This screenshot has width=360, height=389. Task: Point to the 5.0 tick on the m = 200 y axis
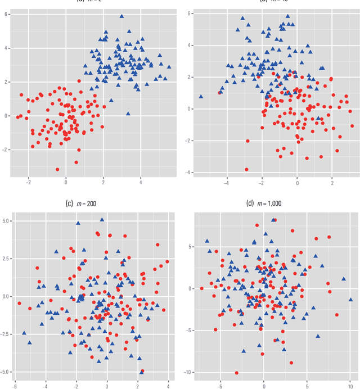pos(6,220)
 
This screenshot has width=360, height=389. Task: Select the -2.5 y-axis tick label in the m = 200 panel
pos(5,334)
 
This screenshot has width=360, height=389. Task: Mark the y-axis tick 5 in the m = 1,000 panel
pos(191,246)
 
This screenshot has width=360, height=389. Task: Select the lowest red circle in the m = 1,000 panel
pos(237,373)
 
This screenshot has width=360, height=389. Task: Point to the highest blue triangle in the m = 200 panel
pos(102,220)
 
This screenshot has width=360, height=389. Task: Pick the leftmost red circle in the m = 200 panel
pos(19,304)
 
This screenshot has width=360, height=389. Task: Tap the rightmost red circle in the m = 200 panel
pos(167,261)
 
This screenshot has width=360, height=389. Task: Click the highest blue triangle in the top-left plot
pos(121,17)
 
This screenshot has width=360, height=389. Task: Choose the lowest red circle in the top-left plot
pos(57,169)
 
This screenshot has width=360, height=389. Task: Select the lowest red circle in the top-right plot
pos(246,169)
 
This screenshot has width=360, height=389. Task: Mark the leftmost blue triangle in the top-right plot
pos(201,97)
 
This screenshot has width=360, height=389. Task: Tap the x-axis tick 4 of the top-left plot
pos(141,182)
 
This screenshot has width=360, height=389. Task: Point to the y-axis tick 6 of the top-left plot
pos(6,13)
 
